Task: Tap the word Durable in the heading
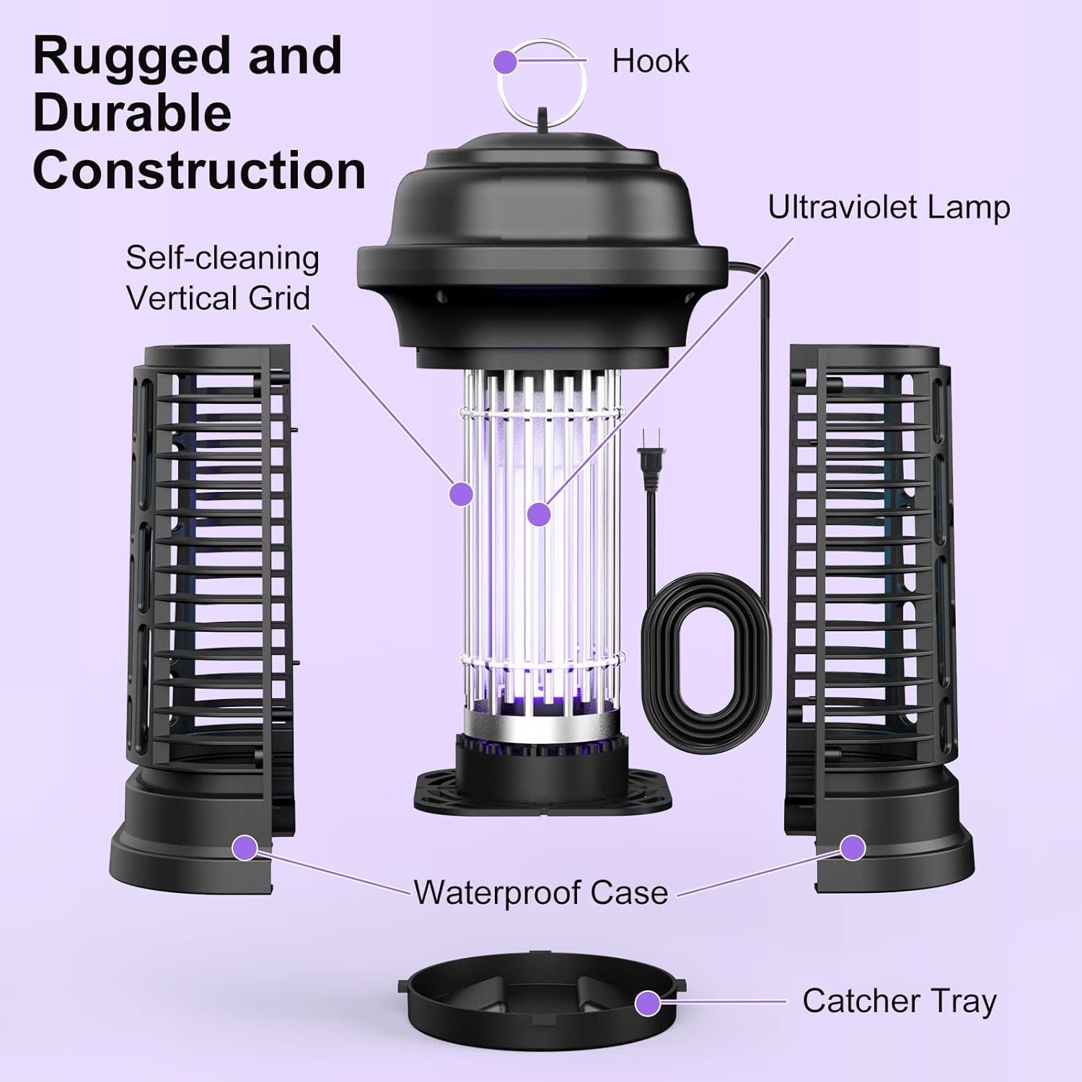pos(132,113)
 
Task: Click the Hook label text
pos(650,61)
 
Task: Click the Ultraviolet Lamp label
pos(888,207)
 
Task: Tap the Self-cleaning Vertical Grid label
pos(222,278)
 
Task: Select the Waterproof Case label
pos(541,892)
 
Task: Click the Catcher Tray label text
pos(899,1001)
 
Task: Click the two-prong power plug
pos(651,465)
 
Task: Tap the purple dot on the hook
pos(506,62)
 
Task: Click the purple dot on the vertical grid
pos(461,493)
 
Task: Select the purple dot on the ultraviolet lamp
pos(538,514)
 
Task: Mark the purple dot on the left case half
pos(245,848)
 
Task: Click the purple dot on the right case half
pos(853,848)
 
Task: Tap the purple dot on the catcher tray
pos(648,1002)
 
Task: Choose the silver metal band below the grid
pos(541,721)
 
